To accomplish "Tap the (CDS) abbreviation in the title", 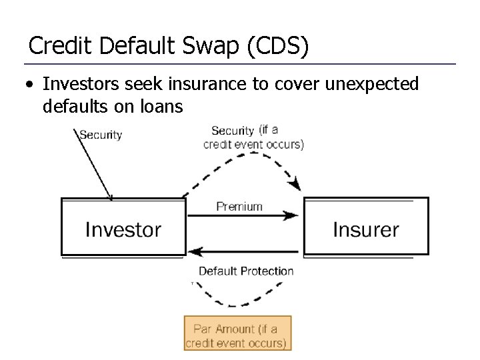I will (279, 47).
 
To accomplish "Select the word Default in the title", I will (137, 46).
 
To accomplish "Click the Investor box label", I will (123, 230).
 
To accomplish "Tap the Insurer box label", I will (365, 230).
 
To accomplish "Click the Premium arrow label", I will (239, 206).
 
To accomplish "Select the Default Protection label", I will (246, 271).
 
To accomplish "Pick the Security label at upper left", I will (101, 135).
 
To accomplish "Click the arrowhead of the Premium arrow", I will (293, 215).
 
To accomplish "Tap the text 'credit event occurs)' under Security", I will (253, 144).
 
